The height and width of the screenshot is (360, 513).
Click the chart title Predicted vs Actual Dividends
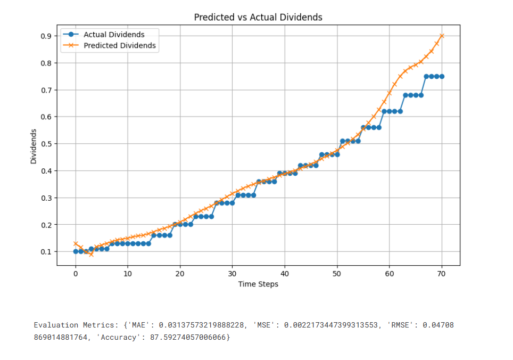(258, 17)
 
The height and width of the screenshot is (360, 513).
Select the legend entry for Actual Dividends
(114, 35)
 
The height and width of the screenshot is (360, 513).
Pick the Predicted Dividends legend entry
(120, 46)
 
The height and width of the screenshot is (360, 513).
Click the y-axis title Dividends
(34, 146)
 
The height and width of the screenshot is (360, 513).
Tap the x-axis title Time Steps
(258, 284)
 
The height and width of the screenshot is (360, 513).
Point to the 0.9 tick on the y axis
(46, 36)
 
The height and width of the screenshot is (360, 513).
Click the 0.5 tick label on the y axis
(46, 144)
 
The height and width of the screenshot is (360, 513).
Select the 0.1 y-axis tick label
(46, 251)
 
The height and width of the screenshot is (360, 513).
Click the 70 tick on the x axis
(442, 274)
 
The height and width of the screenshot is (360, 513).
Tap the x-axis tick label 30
(233, 274)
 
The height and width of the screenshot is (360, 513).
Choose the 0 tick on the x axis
(76, 274)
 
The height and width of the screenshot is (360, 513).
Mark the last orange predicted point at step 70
(442, 36)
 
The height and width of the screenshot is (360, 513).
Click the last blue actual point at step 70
(442, 76)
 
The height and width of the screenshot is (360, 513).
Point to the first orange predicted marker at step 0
(76, 243)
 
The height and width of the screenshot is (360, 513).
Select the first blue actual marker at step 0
(76, 251)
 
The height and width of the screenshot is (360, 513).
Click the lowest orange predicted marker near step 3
(91, 255)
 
